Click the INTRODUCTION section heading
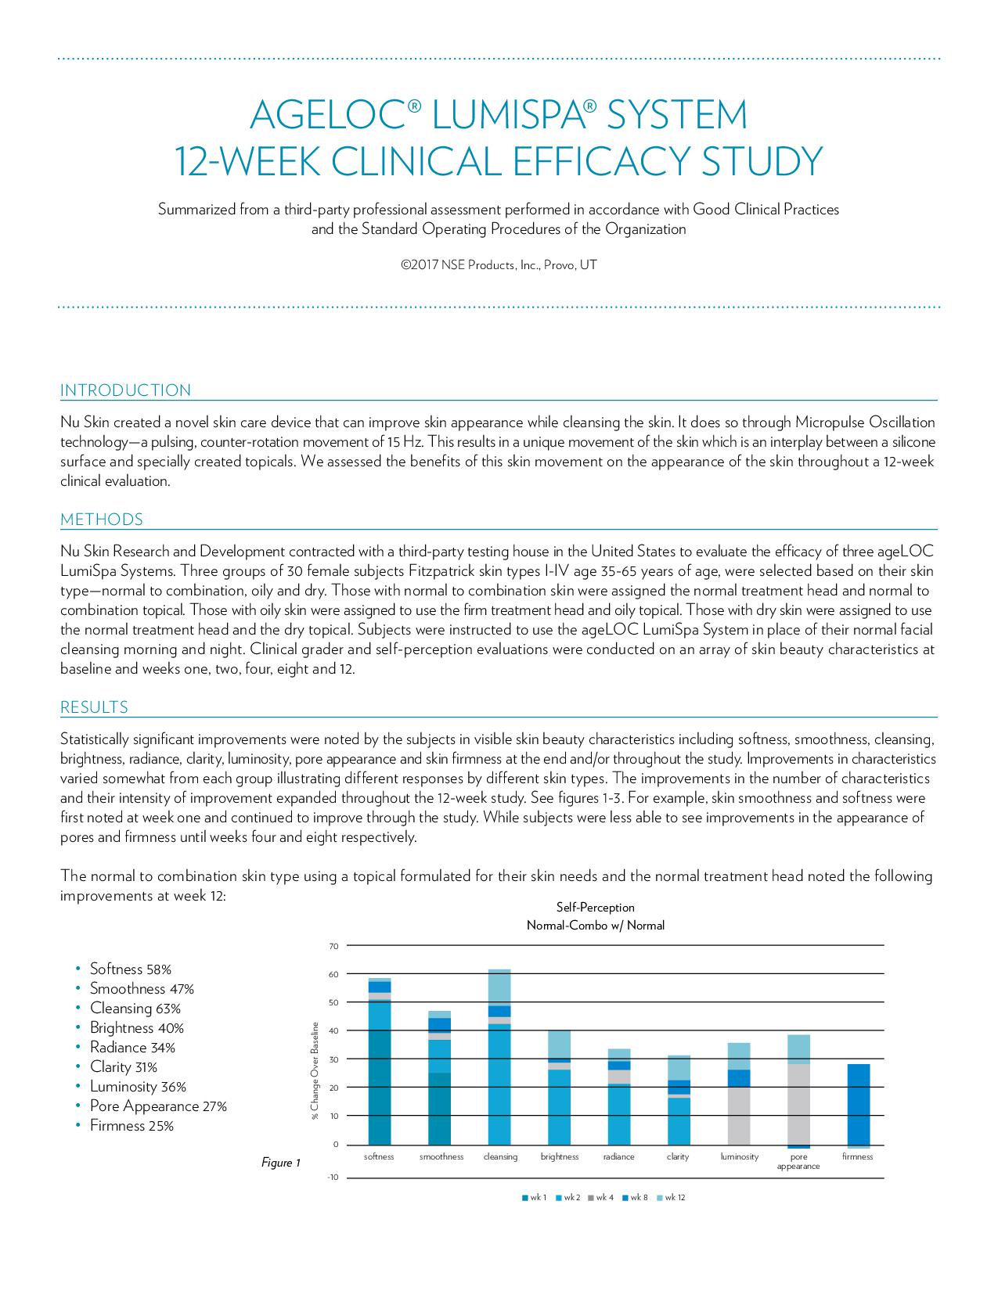125,390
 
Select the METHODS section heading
102,520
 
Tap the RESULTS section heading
94,707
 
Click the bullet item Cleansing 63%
135,1009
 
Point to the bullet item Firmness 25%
132,1126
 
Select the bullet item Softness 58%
130,969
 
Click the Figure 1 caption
281,1163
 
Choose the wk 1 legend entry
535,1198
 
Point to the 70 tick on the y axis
333,947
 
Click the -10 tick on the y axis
333,1178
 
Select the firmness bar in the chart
858,1105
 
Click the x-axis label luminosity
739,1156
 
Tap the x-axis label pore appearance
798,1161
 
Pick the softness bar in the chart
379,1064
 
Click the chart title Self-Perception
595,908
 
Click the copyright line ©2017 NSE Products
499,265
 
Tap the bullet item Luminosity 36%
138,1087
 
